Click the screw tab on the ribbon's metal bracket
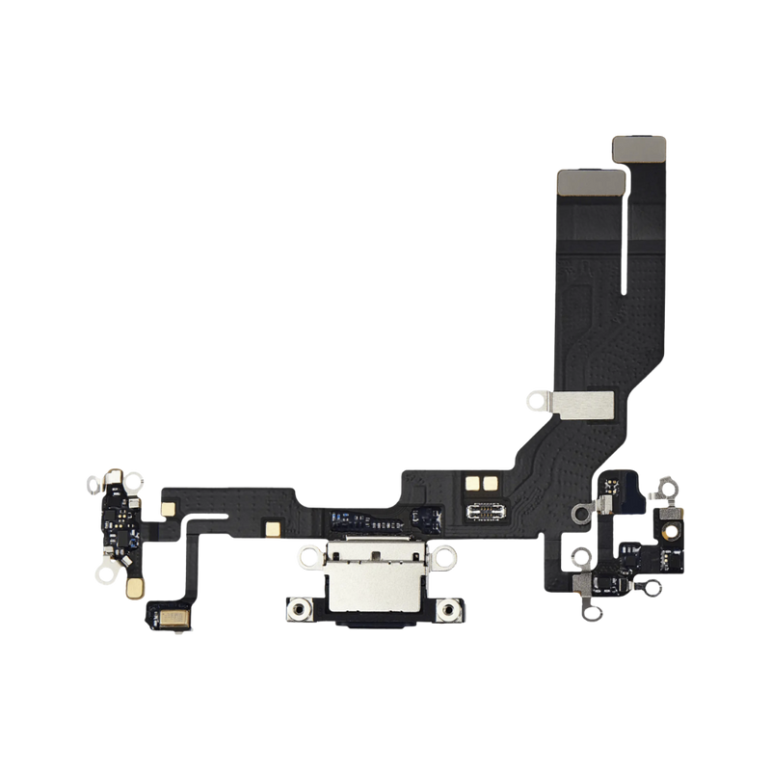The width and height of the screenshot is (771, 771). [529, 395]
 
